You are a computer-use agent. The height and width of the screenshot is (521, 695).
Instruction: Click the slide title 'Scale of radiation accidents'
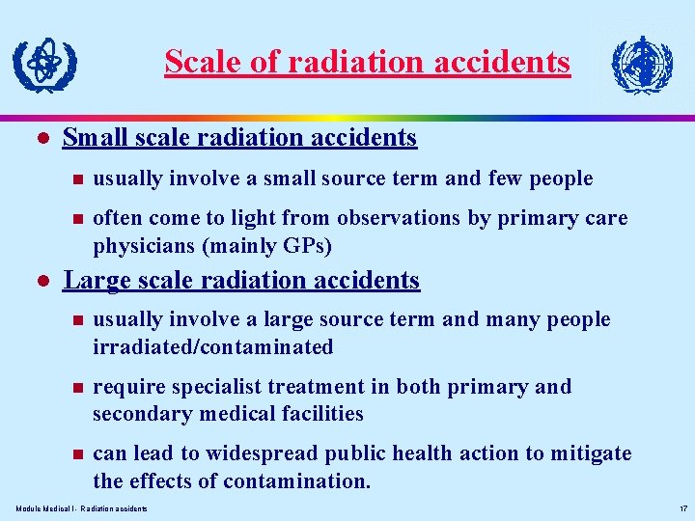367,62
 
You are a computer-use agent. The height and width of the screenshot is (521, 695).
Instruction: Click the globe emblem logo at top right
642,65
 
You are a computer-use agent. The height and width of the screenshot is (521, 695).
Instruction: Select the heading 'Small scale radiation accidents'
239,138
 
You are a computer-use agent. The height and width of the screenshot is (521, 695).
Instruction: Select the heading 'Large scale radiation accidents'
241,281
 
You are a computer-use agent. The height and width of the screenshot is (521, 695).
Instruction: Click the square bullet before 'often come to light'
73,219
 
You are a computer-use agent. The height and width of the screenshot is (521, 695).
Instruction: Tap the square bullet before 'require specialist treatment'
73,388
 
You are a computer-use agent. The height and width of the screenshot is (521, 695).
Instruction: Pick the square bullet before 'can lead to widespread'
73,454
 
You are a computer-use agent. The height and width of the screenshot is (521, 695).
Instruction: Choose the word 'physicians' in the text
144,246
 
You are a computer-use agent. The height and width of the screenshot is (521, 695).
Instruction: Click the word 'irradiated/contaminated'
212,346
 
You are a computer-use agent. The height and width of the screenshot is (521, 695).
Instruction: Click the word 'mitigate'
589,453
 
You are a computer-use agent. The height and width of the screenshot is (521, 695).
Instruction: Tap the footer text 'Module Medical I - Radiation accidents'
82,508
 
